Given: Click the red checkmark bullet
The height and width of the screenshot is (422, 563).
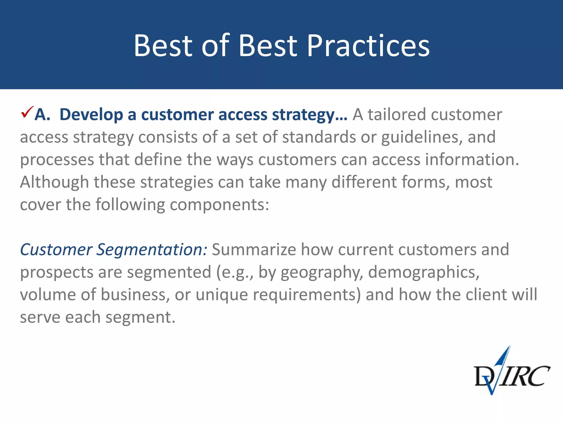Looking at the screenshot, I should pyautogui.click(x=27, y=112).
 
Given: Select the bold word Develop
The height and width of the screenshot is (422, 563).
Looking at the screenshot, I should pyautogui.click(x=91, y=115).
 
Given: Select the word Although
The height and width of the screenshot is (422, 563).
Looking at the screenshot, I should pyautogui.click(x=54, y=182).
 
